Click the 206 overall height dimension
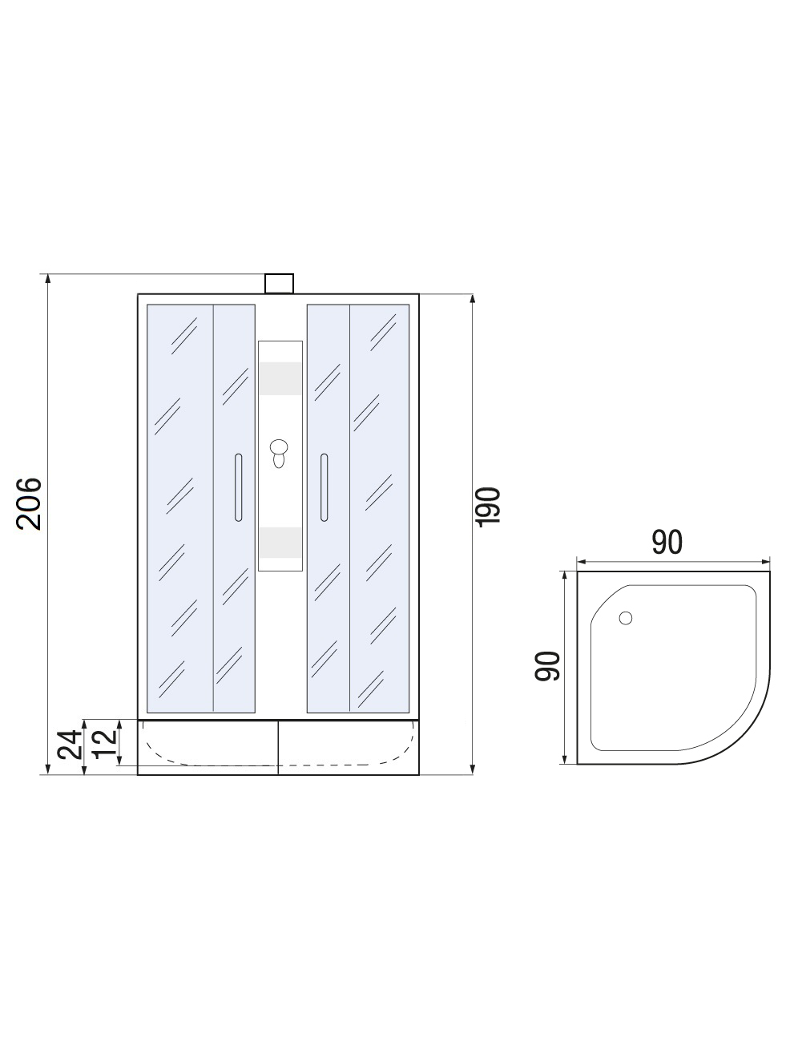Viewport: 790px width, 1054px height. point(29,504)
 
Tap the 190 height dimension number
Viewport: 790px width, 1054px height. point(489,507)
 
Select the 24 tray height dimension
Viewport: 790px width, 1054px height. point(69,744)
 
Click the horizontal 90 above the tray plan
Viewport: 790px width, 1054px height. point(667,542)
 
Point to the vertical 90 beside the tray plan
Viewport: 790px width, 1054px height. point(547,666)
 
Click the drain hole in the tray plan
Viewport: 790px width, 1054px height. point(626,618)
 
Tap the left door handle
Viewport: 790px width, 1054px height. point(239,487)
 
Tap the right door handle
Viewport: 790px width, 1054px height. point(324,487)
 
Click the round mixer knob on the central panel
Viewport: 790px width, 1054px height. point(278,447)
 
